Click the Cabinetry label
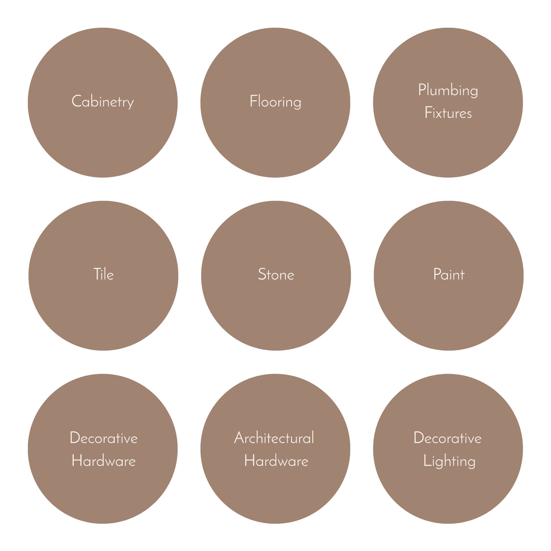coord(103,102)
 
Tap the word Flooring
coord(275,102)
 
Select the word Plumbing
coord(448,90)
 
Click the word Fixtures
coord(448,113)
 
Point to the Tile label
coord(104,274)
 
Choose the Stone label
coord(276,274)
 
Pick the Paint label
coord(449,274)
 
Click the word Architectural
coord(274,438)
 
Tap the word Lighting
coord(449,461)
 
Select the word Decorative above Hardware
coord(104,438)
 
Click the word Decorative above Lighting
coord(447,438)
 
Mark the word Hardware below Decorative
coord(104,461)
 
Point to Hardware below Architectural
coord(276,461)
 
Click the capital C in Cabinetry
coord(76,101)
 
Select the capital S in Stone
coord(262,274)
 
